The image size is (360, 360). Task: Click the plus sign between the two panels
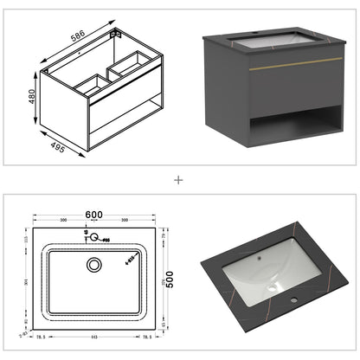(x=179, y=180)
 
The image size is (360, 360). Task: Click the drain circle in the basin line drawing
(x=93, y=265)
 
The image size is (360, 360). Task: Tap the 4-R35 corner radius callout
(x=130, y=257)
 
